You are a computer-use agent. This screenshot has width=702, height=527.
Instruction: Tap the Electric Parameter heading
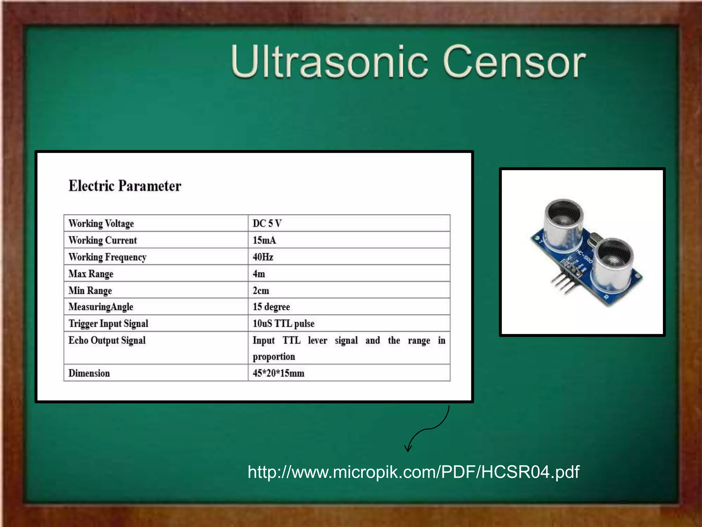pos(125,186)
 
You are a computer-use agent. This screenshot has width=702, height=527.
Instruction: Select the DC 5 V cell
pos(267,223)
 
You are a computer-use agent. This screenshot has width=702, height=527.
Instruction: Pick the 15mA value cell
pos(264,240)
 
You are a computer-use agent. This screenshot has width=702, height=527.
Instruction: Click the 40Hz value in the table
pos(263,257)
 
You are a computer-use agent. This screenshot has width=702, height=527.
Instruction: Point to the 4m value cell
pos(259,274)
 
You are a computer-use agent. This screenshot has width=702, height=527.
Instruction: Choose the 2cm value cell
pos(261,291)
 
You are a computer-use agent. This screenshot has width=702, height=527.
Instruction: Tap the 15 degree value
pos(271,307)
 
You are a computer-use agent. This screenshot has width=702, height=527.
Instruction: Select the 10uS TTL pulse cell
pos(283,324)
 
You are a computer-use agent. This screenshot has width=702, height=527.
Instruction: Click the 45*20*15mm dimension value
pos(278,373)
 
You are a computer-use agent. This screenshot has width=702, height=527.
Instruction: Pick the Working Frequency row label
pos(107,257)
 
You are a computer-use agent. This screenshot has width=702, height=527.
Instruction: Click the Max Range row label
pos(91,274)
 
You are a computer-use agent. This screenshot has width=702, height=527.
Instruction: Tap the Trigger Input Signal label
pos(108,324)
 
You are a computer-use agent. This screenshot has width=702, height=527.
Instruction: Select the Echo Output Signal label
pos(107,340)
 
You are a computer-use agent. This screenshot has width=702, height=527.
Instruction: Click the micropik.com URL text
pos(413,472)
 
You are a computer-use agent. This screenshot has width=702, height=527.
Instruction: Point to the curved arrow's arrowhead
pos(408,448)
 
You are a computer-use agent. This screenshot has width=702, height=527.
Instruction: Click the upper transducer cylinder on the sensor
pos(563,223)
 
